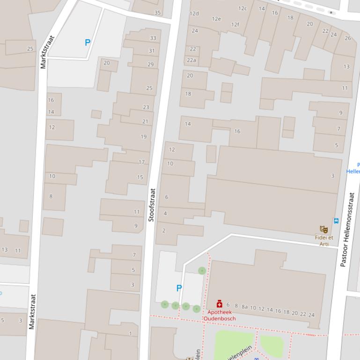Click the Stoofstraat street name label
tap(151, 205)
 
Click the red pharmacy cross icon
tap(220, 304)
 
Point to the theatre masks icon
tap(323, 229)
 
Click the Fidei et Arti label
tap(324, 240)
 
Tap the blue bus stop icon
tap(336, 221)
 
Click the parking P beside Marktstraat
tap(87, 43)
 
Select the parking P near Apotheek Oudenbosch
tap(179, 288)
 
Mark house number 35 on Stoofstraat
tap(157, 13)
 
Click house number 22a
tap(191, 60)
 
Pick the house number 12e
tap(216, 19)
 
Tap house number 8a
tap(244, 307)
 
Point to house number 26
tap(348, 38)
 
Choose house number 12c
tap(242, 8)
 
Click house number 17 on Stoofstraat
tap(141, 162)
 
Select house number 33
tap(153, 38)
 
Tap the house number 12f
tap(235, 24)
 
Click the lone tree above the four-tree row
tap(202, 271)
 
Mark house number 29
tap(150, 65)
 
